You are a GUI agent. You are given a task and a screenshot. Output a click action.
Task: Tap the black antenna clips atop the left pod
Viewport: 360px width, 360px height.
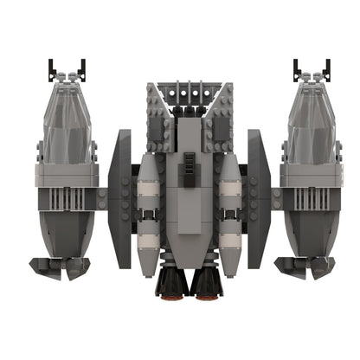click(x=67, y=68)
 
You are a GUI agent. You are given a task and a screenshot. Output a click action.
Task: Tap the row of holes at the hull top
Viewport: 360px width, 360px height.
click(x=187, y=90)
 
